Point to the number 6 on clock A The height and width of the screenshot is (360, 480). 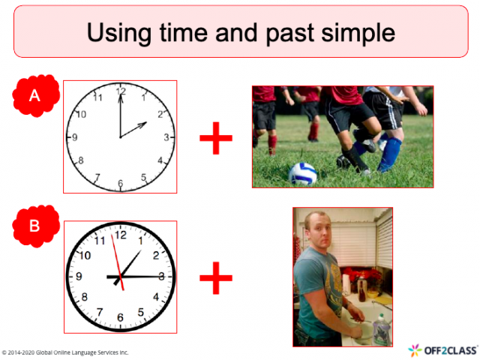click(x=120, y=184)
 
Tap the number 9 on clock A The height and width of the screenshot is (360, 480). click(x=74, y=138)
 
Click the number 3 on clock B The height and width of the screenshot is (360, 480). click(x=161, y=277)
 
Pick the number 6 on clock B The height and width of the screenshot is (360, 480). click(x=120, y=316)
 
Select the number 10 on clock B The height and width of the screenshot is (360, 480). click(x=85, y=256)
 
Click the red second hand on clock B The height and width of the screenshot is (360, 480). click(x=116, y=256)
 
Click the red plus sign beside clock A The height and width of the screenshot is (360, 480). click(x=215, y=138)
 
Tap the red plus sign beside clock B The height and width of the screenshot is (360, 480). click(x=215, y=279)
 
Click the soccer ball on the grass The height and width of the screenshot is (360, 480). click(x=302, y=173)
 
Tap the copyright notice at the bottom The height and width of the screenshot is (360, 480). click(x=65, y=352)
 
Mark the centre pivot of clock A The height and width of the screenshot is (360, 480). click(x=120, y=138)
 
